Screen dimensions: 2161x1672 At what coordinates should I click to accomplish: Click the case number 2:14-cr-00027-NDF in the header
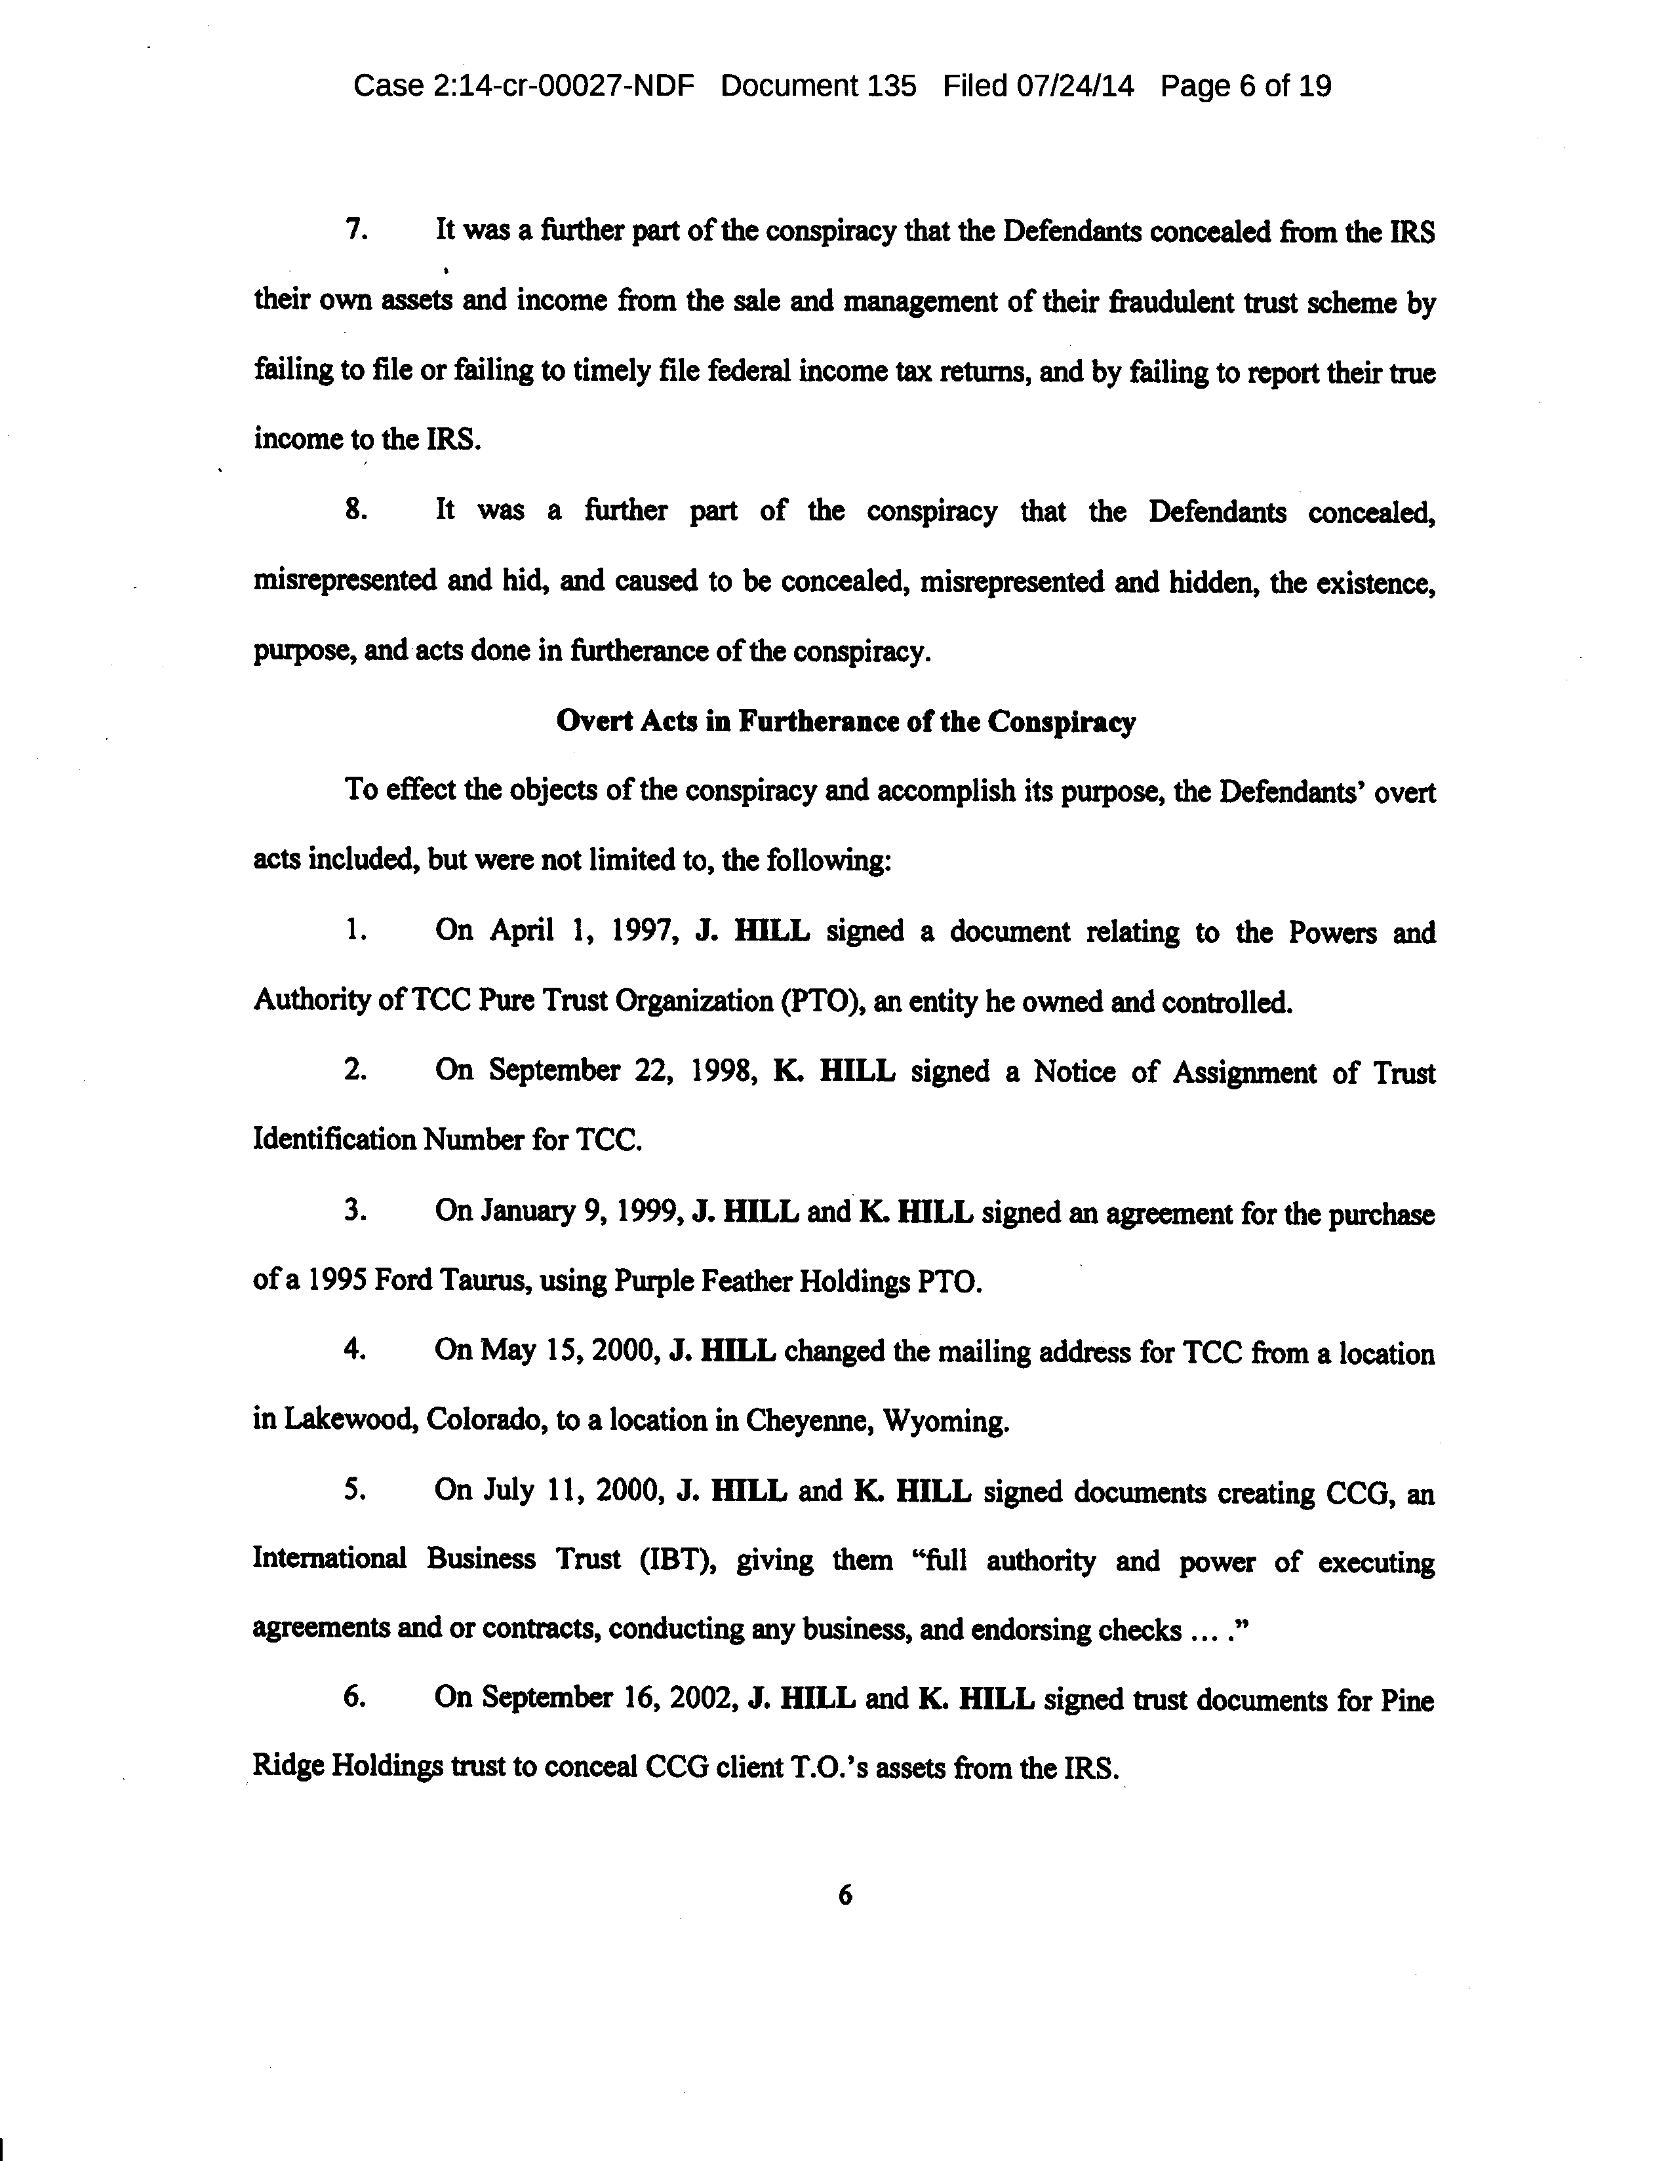pyautogui.click(x=563, y=87)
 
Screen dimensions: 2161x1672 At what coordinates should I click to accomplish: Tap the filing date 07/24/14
pyautogui.click(x=1074, y=87)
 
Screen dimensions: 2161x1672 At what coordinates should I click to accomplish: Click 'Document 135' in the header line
pyautogui.click(x=818, y=87)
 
